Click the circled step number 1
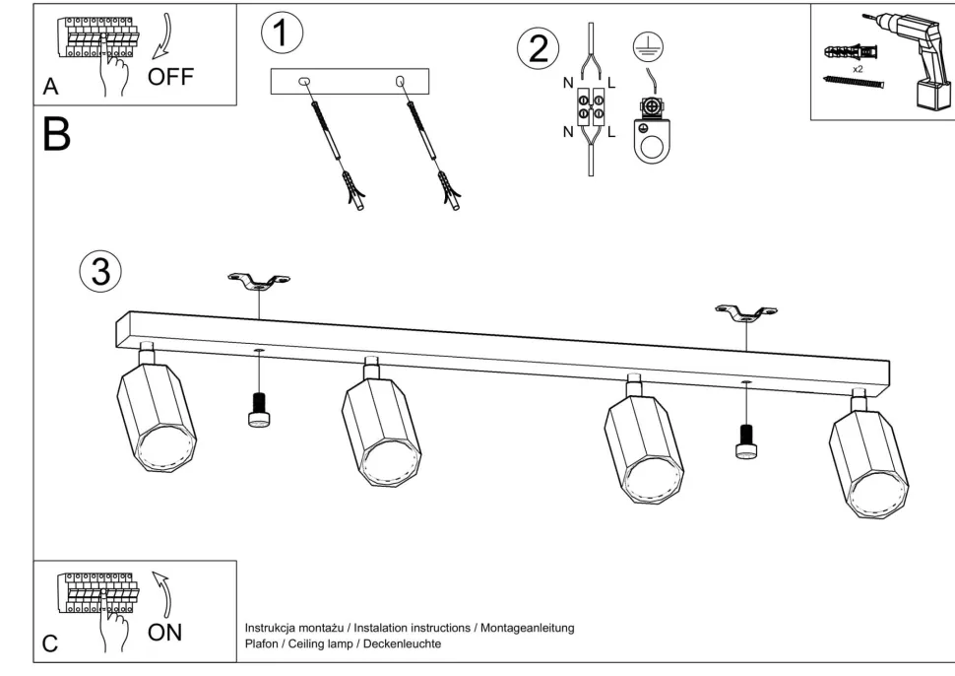click(283, 34)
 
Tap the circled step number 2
click(539, 50)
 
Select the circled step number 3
click(100, 273)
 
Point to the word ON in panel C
click(163, 605)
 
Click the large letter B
click(57, 135)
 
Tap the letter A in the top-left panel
click(51, 89)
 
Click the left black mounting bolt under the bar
click(259, 410)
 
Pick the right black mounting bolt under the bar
click(747, 440)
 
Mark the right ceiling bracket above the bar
click(746, 314)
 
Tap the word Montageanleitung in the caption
click(527, 628)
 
